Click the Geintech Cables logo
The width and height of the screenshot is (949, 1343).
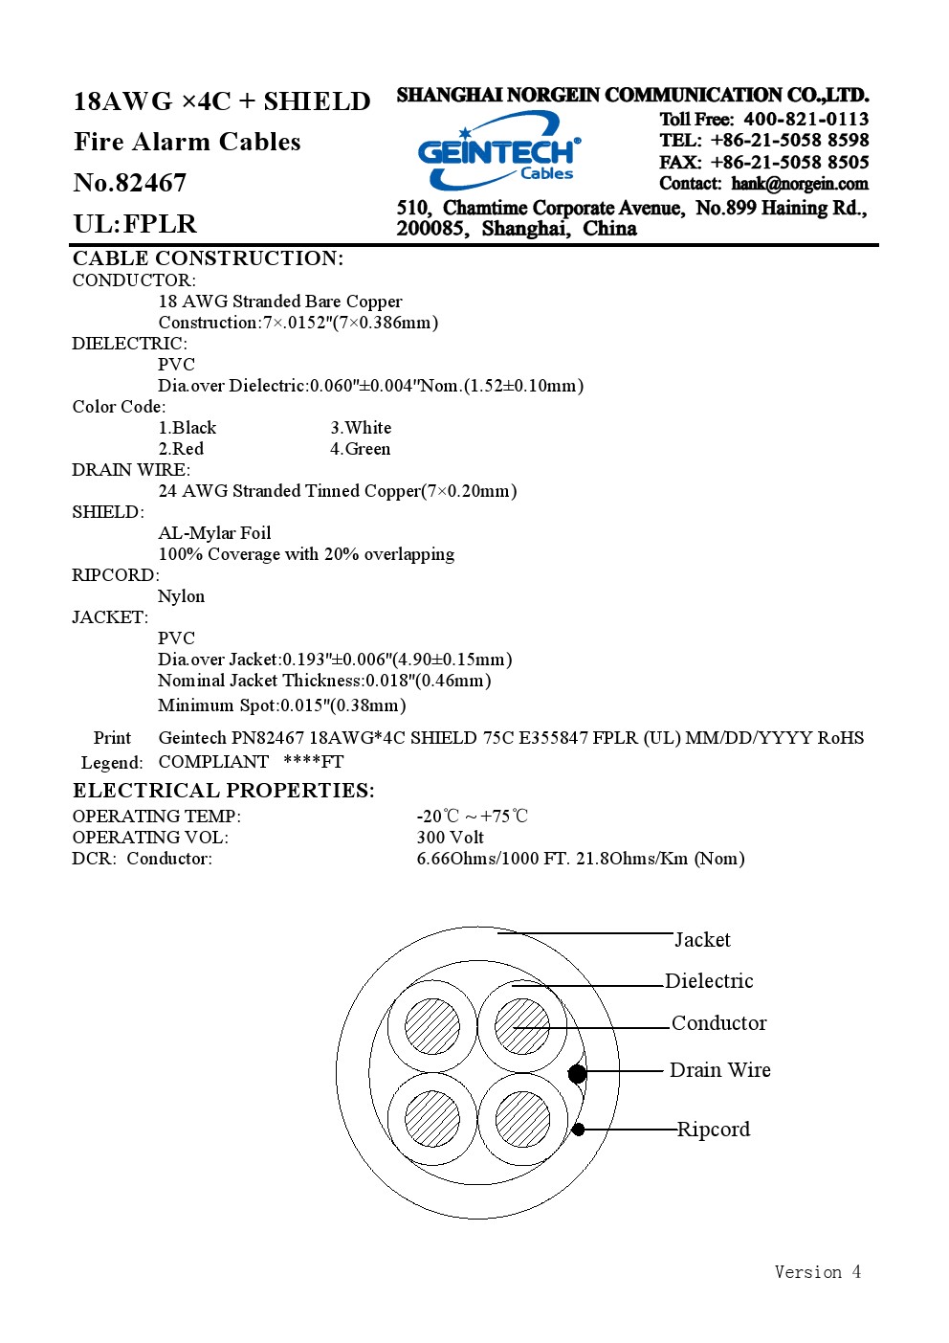(499, 150)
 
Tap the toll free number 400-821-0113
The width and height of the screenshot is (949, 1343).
(806, 119)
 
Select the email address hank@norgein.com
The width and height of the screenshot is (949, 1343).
(799, 184)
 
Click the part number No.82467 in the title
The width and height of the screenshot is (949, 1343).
(130, 183)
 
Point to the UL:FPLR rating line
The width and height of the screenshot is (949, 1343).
(135, 224)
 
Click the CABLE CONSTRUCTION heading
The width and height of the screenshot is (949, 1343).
(208, 258)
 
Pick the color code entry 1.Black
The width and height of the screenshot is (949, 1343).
(187, 428)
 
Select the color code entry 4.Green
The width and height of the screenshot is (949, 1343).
(360, 449)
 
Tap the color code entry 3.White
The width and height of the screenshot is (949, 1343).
(361, 428)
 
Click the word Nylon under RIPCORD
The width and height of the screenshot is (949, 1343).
(181, 596)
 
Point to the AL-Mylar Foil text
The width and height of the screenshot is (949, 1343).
(214, 532)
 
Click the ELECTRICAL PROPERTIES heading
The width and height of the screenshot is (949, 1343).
(224, 791)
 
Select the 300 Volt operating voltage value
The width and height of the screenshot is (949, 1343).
(450, 837)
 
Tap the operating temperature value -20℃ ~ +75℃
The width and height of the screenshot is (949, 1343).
(472, 816)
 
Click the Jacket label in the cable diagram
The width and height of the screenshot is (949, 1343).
(702, 939)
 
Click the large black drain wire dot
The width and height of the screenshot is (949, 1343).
(577, 1073)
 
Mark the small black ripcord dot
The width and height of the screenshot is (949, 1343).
(578, 1130)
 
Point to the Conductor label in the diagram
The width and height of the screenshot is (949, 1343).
(719, 1023)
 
